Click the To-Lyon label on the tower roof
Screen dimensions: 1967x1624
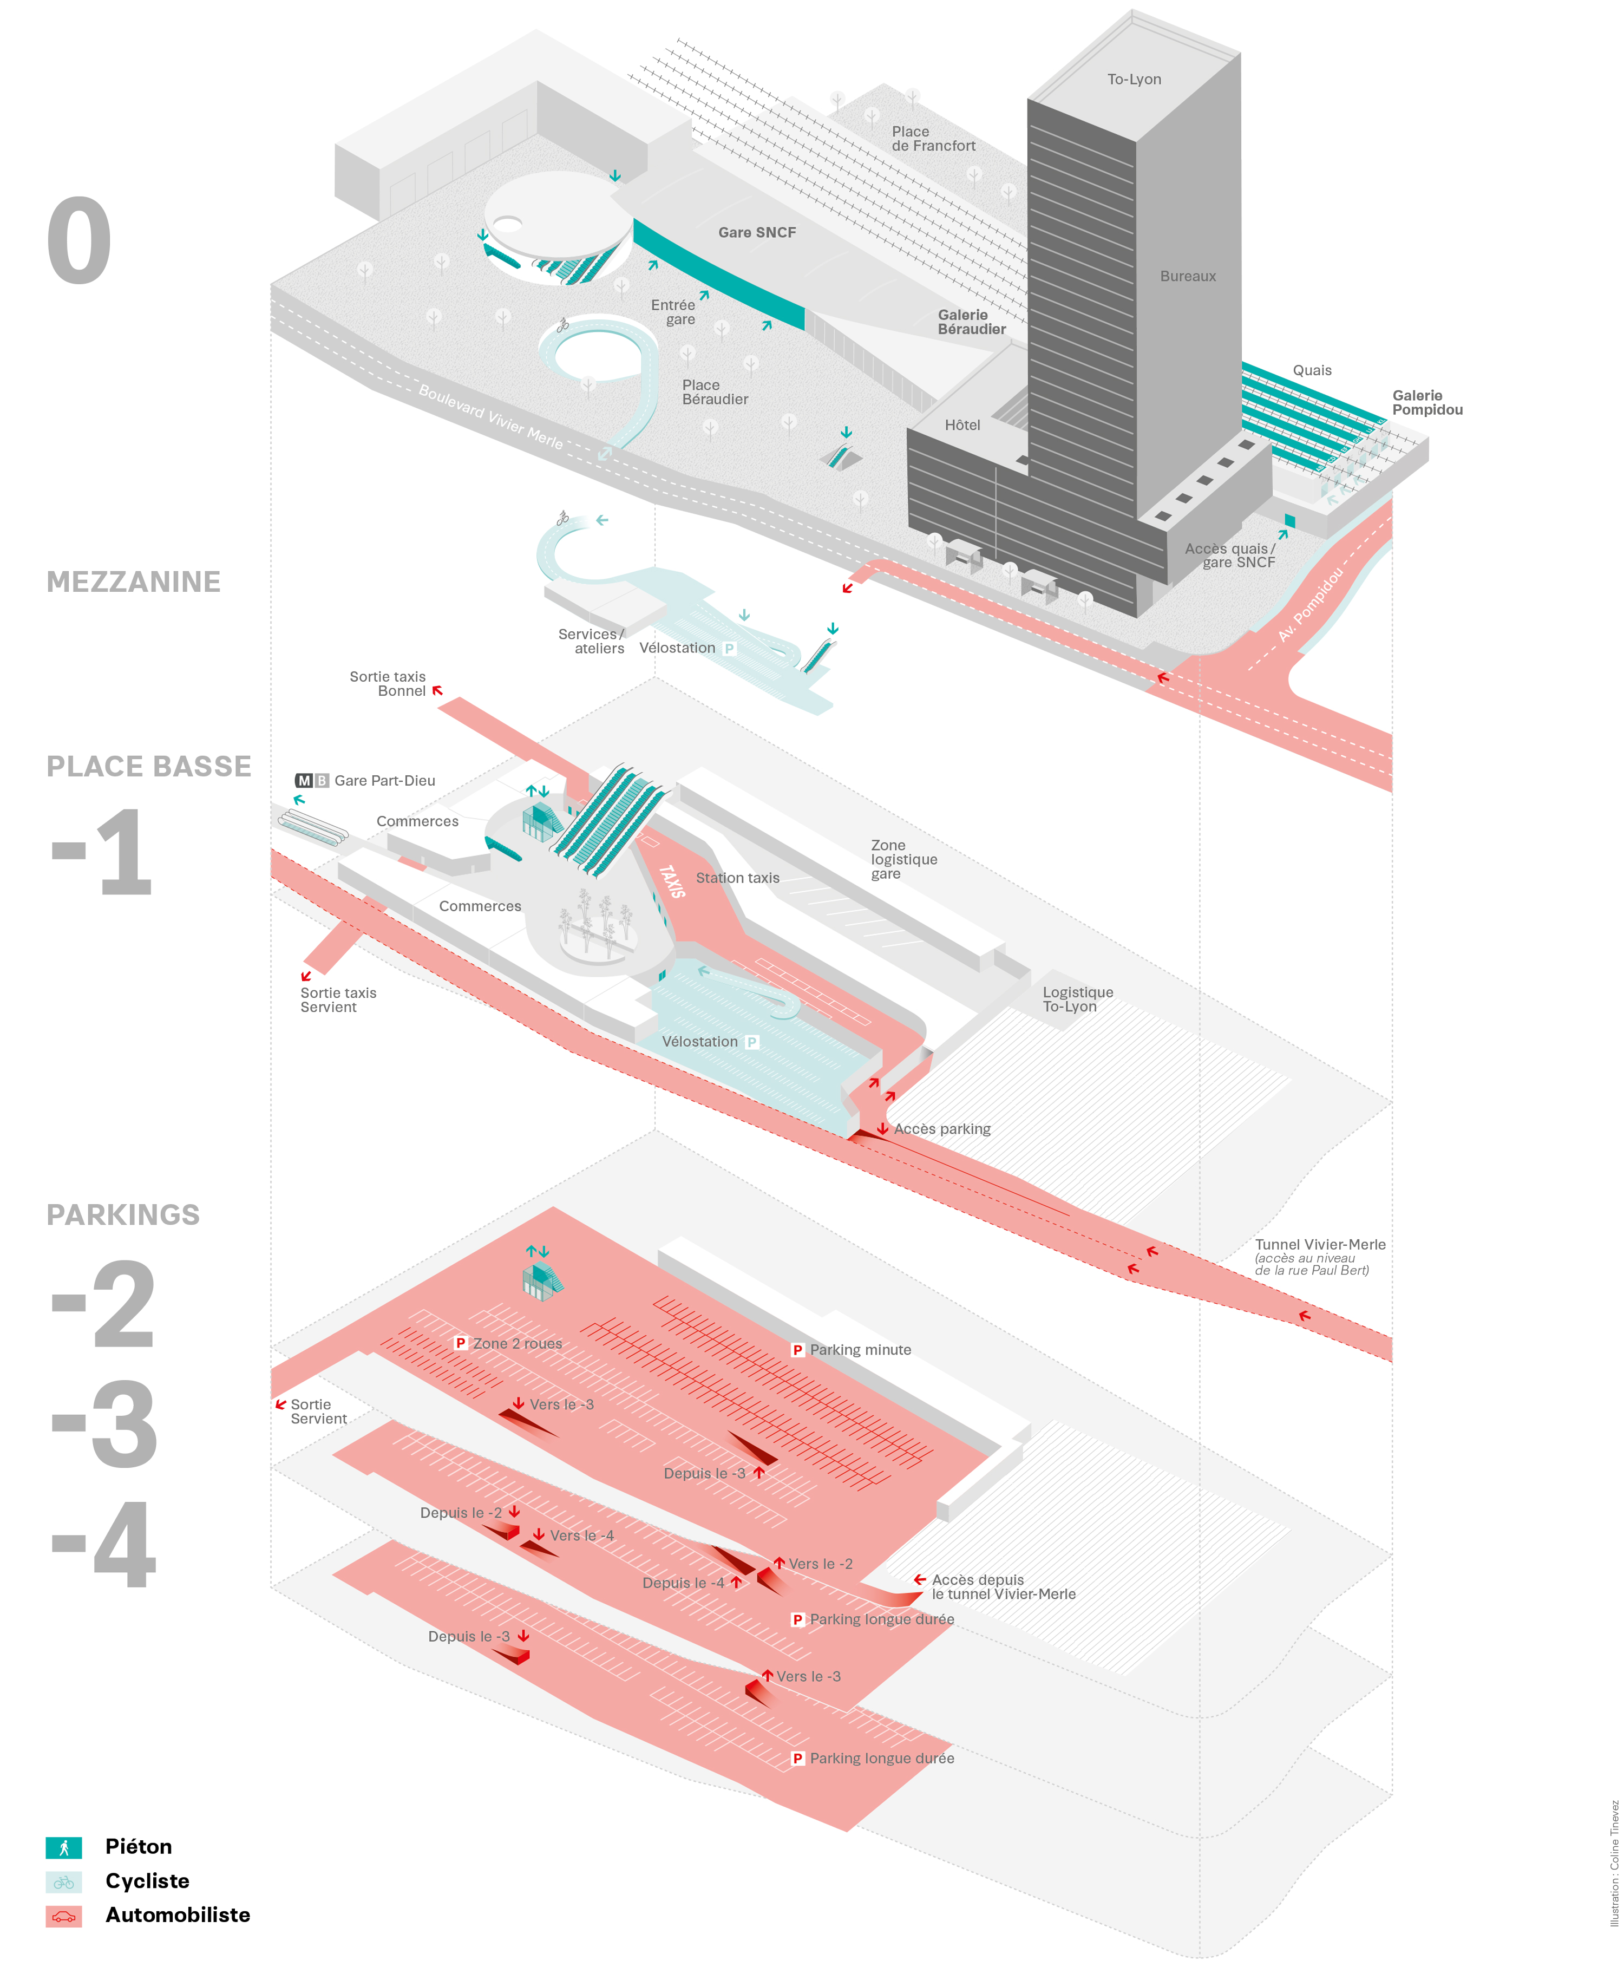tap(1134, 80)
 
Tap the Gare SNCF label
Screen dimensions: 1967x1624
tap(757, 232)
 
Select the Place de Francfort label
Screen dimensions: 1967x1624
tap(933, 139)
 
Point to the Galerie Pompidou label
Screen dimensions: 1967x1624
tap(1426, 402)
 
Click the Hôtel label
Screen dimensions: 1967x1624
tap(961, 425)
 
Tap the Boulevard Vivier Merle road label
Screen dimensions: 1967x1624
tap(490, 416)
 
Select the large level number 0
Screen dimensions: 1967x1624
tap(80, 241)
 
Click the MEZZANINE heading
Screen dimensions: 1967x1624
tap(134, 582)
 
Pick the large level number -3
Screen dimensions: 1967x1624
tap(105, 1424)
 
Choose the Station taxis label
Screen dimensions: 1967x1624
tap(737, 878)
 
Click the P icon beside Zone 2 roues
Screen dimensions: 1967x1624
tap(460, 1343)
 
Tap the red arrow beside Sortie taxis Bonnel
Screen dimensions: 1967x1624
tap(437, 691)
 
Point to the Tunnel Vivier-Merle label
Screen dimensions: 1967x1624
tap(1319, 1245)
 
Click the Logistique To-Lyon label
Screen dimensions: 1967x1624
tap(1078, 999)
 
